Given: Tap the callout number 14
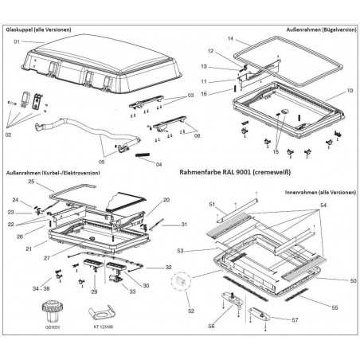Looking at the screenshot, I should coord(229,39).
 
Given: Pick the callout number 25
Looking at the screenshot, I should coord(31,182).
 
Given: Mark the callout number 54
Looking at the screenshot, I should coord(323,205).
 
